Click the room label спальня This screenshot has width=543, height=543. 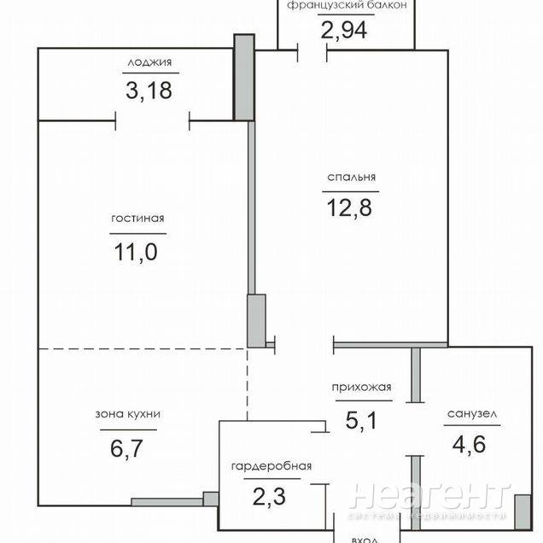tap(351, 178)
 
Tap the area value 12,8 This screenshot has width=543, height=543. tap(349, 207)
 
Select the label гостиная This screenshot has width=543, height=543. tap(137, 219)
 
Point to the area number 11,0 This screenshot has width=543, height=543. tap(136, 252)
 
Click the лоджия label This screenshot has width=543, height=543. tap(149, 62)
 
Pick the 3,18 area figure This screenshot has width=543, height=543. tap(149, 90)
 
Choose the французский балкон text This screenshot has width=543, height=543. tap(347, 5)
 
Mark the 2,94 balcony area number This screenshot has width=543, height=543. tap(344, 30)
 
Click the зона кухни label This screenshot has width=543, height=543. tap(128, 414)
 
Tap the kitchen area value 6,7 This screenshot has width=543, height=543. tap(126, 448)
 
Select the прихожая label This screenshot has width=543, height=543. tap(361, 387)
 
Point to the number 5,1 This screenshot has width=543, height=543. tap(361, 421)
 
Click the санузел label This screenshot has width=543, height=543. tap(472, 414)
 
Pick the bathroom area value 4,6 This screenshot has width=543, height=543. tap(469, 444)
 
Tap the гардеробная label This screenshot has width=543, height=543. tap(271, 466)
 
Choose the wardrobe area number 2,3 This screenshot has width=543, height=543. tap(269, 497)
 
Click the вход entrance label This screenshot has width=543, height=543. tap(365, 540)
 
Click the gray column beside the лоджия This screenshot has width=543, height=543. tap(244, 77)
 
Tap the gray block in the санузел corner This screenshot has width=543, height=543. tap(523, 512)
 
